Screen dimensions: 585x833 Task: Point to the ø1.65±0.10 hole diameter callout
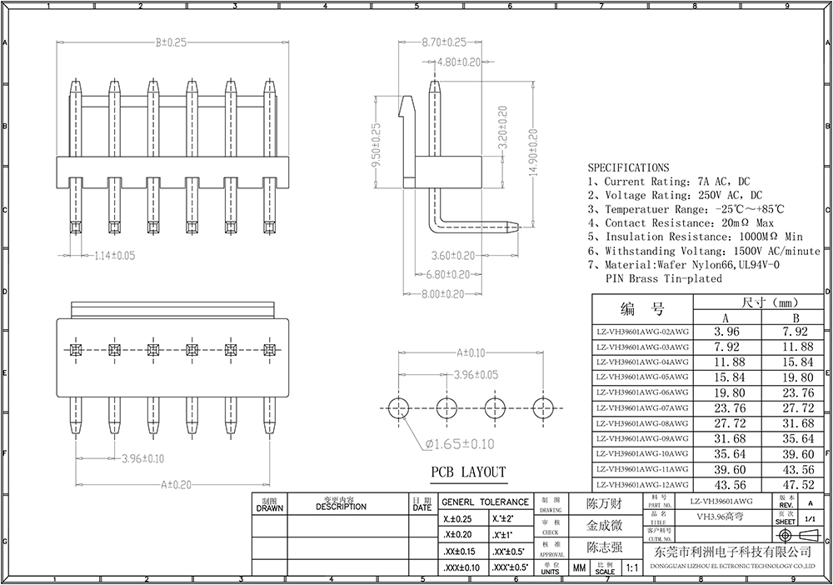[x=460, y=444]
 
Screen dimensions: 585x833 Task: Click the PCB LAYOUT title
[x=468, y=472]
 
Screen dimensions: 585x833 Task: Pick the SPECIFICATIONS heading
[x=628, y=167]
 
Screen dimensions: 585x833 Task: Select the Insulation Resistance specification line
[x=695, y=237]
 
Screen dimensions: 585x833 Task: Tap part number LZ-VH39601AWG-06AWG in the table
[x=642, y=392]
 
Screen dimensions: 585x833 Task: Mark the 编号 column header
[x=642, y=310]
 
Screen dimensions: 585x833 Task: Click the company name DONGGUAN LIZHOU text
[x=733, y=565]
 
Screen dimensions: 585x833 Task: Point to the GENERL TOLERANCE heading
[x=484, y=502]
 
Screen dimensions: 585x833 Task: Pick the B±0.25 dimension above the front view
[x=170, y=42]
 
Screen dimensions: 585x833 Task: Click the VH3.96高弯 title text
[x=721, y=517]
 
